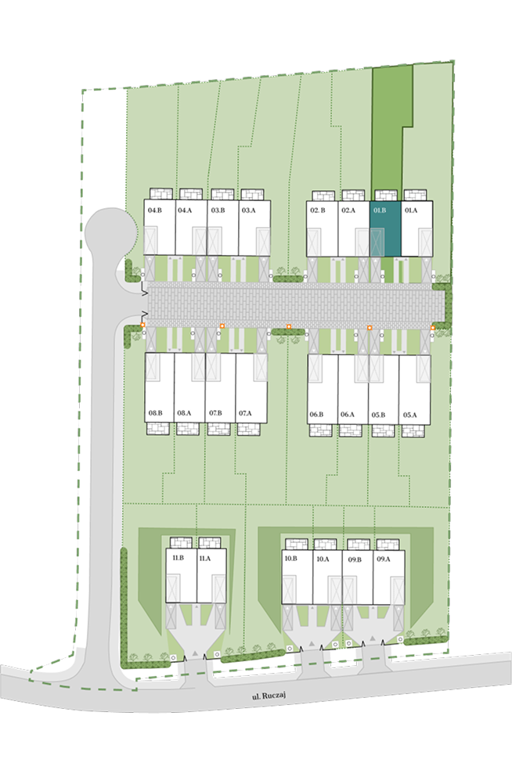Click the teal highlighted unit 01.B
385,228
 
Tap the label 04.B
155,210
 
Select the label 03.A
249,210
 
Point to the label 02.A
348,210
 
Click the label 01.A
411,210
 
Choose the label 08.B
155,413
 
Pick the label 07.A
245,413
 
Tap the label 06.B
317,414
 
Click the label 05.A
410,415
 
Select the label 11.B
178,558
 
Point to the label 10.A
323,559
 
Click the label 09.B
355,559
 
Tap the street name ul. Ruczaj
269,696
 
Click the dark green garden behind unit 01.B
389,129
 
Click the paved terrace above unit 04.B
161,194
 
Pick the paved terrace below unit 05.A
413,430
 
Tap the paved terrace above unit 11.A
210,542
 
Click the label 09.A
384,559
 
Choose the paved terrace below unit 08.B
158,429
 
